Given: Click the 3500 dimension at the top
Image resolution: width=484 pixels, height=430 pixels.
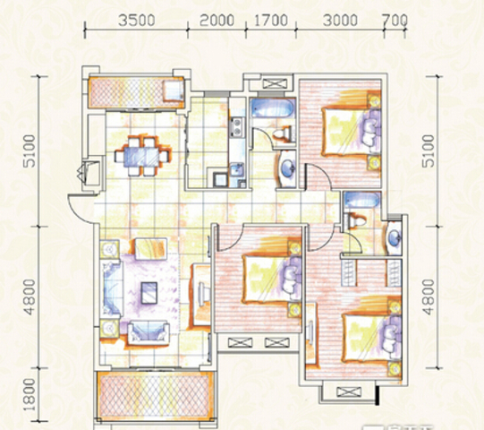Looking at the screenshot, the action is [137, 21].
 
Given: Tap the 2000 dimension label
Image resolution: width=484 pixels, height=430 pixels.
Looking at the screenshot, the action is [217, 21].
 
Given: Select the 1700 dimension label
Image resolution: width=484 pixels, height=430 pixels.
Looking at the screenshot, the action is [271, 21].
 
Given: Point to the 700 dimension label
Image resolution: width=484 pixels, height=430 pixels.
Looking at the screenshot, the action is [395, 21].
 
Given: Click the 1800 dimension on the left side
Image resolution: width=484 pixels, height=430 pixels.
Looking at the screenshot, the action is [30, 394].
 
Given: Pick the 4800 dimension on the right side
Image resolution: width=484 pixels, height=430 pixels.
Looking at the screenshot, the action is [429, 297].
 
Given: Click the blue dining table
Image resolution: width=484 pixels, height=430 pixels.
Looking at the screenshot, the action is [141, 157].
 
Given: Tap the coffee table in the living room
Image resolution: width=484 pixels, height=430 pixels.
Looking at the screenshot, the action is [149, 293].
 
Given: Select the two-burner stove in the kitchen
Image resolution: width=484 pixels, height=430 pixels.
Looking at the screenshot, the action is [237, 126].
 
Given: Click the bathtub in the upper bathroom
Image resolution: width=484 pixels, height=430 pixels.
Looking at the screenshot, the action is [272, 107].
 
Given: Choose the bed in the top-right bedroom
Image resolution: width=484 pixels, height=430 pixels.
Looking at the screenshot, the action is [351, 131].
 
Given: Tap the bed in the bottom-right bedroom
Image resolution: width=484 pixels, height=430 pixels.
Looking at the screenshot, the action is [372, 337].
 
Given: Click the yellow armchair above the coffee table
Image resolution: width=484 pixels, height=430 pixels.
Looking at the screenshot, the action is [151, 249].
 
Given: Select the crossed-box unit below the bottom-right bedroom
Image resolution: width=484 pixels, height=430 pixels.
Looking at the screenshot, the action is [349, 392].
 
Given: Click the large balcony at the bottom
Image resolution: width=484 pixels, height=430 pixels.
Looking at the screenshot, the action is [155, 395].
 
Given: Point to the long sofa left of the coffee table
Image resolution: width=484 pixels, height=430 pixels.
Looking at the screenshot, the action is [112, 288].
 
